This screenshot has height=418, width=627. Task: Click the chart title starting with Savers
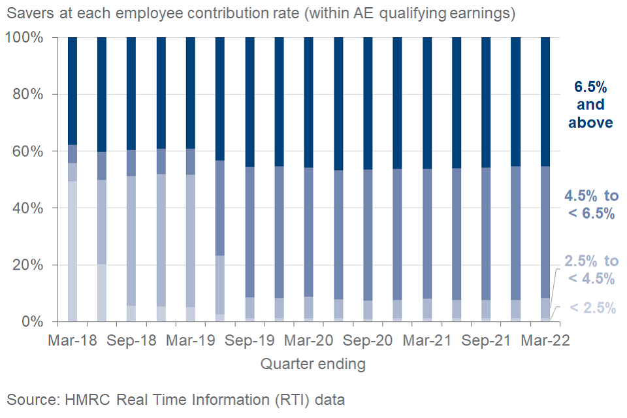(x=261, y=14)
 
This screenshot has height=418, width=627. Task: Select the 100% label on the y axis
(x=25, y=38)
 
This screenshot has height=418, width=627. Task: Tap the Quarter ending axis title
(x=313, y=364)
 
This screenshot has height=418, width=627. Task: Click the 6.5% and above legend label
(x=590, y=104)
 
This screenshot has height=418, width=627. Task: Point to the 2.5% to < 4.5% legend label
(x=590, y=270)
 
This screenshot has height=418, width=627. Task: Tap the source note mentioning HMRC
(x=176, y=398)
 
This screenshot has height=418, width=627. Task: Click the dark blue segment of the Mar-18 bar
(x=72, y=91)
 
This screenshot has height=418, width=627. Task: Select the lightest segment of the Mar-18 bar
(x=72, y=251)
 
